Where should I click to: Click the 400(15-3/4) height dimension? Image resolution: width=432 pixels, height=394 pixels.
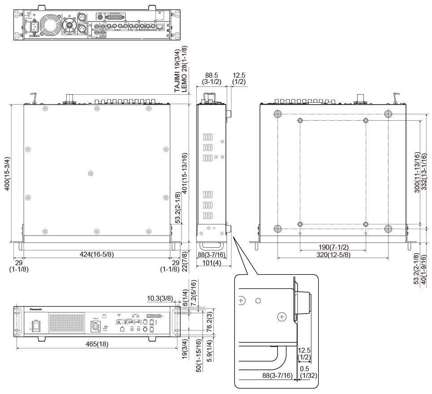pyautogui.click(x=7, y=173)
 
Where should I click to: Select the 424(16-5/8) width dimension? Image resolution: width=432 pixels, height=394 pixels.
pyautogui.click(x=96, y=254)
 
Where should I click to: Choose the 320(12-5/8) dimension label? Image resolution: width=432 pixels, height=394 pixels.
pyautogui.click(x=333, y=255)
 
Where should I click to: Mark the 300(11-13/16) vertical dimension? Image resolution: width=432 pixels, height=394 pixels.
pyautogui.click(x=417, y=173)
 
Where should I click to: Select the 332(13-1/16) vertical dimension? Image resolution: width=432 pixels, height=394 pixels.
pyautogui.click(x=424, y=173)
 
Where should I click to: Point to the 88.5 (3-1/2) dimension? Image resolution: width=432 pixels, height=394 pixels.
pyautogui.click(x=211, y=78)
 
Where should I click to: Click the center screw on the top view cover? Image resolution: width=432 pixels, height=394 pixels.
pyautogui.click(x=91, y=173)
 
